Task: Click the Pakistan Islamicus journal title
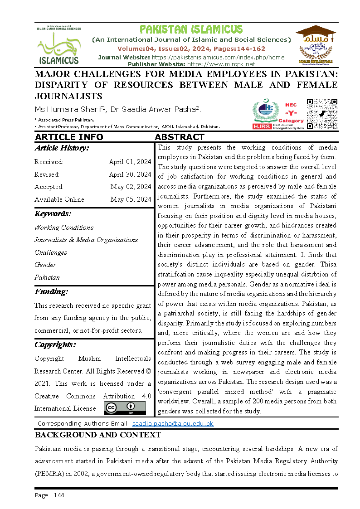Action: pos(191,30)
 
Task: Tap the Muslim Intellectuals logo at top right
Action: pos(315,45)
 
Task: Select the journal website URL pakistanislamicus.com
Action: pos(218,57)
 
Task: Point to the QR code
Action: pos(322,114)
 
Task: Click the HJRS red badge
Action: pos(262,126)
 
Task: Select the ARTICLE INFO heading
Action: pos(69,137)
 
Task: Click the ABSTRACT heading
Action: pos(180,137)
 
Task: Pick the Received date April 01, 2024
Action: pos(130,162)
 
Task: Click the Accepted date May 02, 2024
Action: pos(131,187)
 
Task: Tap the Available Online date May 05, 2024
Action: pos(131,199)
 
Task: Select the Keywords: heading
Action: pos(53,214)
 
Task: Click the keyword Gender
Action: pos(45,265)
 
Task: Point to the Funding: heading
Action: pos(51,292)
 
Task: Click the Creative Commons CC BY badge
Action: pos(125,408)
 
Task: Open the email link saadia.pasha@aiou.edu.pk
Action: pos(173,424)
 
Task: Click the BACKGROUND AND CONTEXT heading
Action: pos(97,435)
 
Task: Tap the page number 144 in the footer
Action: pos(59,495)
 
